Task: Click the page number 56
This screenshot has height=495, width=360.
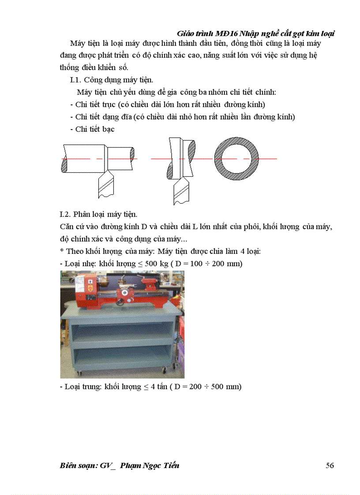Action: pos(330,465)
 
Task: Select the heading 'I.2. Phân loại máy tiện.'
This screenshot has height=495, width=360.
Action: pos(99,215)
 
